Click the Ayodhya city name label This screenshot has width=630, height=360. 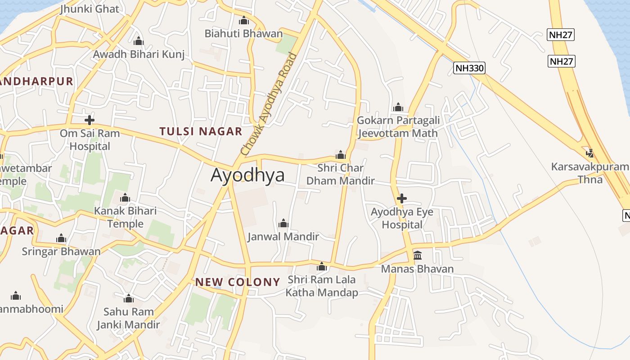pos(247,175)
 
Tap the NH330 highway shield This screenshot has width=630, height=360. pos(469,68)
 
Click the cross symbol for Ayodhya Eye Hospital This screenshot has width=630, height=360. pos(402,198)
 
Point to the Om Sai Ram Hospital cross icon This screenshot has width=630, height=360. pos(90,120)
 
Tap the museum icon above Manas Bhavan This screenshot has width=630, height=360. pos(418,256)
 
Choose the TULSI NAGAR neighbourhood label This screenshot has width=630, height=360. pos(201,131)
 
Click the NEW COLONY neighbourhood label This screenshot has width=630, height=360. pos(238,282)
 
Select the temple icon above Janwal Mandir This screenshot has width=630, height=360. pos(283,223)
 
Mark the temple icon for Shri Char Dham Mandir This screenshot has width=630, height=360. pos(341,155)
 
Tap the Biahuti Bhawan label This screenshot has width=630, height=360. pos(243,33)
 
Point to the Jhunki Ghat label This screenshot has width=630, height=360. pos(90,9)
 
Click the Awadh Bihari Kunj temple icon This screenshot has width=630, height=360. pos(139,41)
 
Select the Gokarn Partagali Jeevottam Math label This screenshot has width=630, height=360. pos(397,127)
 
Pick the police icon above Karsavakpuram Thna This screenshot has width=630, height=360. pos(590,153)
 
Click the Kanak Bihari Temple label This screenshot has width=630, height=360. pos(125,217)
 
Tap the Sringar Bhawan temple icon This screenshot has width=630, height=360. pos(61,238)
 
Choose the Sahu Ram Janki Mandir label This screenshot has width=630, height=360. pos(129,318)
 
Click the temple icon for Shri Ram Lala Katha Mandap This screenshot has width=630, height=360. pos(321,267)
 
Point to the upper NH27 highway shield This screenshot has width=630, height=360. pos(561,35)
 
